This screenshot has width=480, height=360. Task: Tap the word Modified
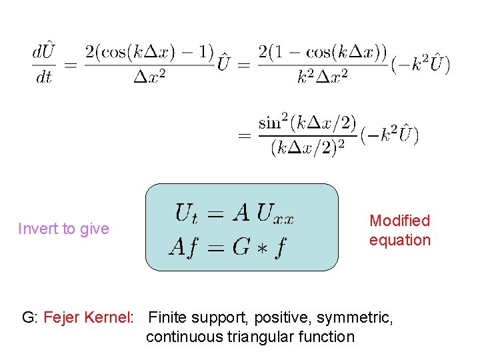click(x=400, y=221)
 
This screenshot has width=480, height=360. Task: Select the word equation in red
click(x=400, y=240)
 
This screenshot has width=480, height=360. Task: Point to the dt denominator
click(x=44, y=77)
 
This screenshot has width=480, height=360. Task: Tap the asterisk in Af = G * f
click(x=260, y=248)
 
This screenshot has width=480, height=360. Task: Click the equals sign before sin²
click(x=244, y=135)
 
